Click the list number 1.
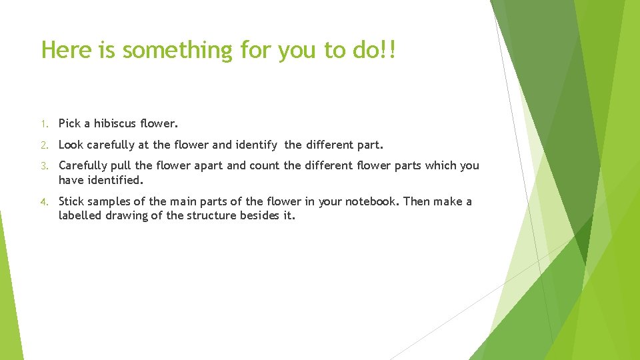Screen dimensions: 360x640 [x=43, y=124]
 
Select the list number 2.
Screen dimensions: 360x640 [x=43, y=145]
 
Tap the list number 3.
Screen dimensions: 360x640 [x=43, y=166]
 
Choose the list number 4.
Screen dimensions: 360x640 [x=43, y=202]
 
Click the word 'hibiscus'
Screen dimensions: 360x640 [x=117, y=123]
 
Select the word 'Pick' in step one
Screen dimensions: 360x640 [x=69, y=123]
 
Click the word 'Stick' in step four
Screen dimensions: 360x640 [x=72, y=201]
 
